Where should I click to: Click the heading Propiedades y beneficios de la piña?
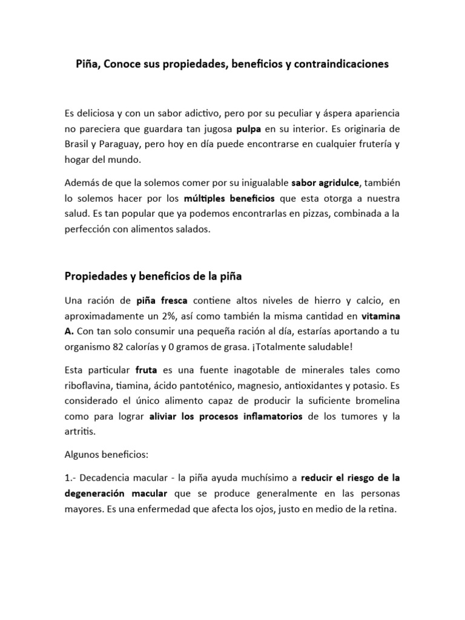pos(153,277)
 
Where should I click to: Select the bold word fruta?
pos(147,369)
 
